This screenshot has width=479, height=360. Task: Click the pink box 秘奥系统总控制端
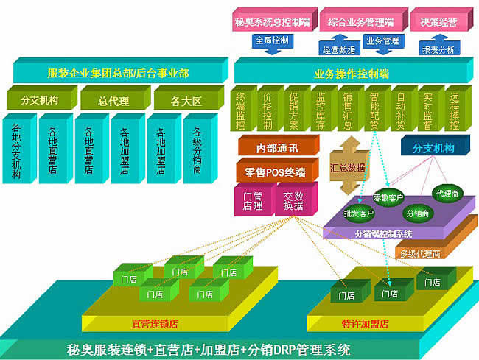pos(273,20)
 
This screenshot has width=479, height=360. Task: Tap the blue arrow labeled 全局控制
pos(272,39)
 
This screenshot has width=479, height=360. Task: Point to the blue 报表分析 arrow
pos(438,50)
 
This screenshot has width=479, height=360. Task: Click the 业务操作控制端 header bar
pos(352,73)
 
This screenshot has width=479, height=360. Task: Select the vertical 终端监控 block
pos(241,108)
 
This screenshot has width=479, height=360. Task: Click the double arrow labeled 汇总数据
pos(346,168)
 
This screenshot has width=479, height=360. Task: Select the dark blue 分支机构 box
pos(433,148)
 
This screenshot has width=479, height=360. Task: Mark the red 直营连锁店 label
pos(154,323)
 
